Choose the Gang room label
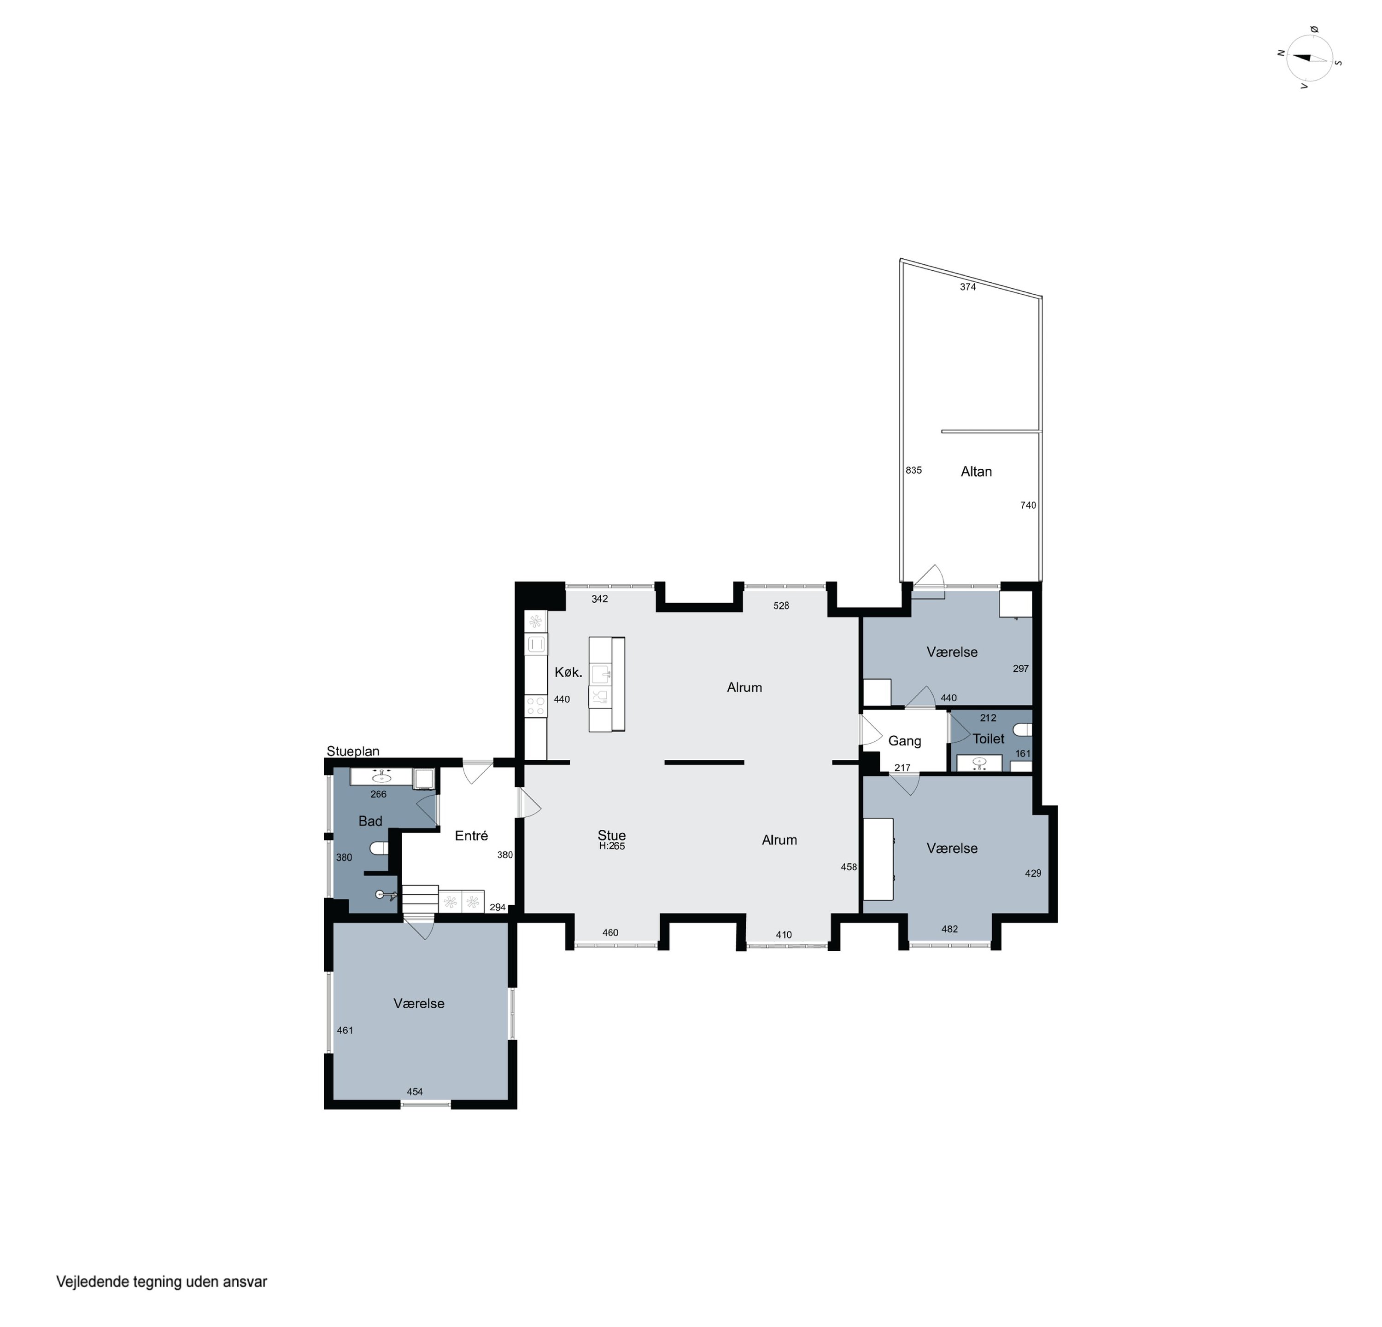tap(905, 741)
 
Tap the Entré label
tap(471, 835)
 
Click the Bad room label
tap(370, 821)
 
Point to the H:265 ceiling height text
tap(612, 846)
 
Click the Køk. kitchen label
tap(568, 672)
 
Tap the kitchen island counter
tap(606, 684)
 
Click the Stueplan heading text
tap(352, 751)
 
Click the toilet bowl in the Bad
tap(379, 847)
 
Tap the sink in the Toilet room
tap(979, 762)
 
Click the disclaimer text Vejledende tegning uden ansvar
tap(162, 1282)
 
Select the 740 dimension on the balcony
tap(1028, 505)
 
